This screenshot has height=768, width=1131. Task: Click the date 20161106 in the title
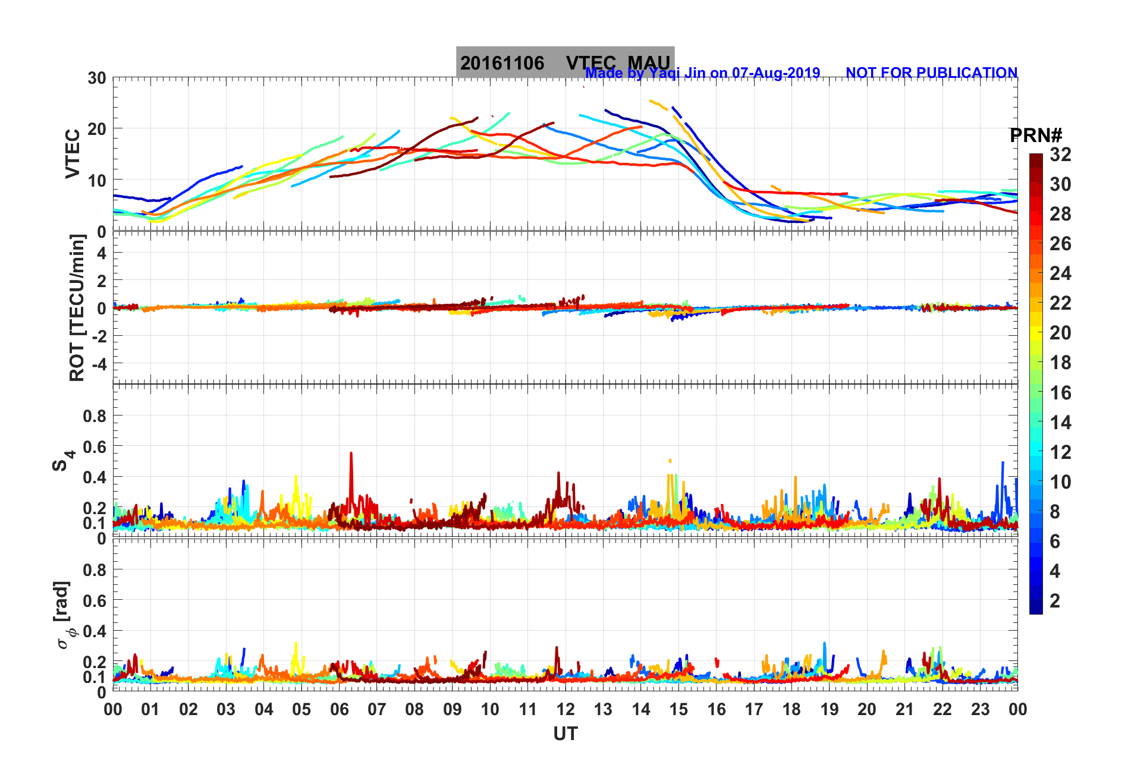point(502,63)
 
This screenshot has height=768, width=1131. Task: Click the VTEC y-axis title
point(73,153)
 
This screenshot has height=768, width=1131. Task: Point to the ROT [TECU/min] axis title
point(77,308)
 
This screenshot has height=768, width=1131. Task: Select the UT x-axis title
point(565,734)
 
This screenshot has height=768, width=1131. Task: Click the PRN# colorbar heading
point(1036,136)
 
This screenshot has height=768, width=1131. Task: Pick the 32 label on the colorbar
point(1060,155)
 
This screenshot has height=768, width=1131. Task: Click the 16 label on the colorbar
point(1060,392)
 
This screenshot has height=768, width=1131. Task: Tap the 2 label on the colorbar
point(1055,600)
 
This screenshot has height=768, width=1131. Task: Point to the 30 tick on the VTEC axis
point(97,78)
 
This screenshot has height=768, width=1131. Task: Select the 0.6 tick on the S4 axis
point(95,446)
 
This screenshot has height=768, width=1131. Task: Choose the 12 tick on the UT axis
point(565,709)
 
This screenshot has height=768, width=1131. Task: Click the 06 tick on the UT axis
point(339,709)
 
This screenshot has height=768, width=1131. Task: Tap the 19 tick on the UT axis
point(829,709)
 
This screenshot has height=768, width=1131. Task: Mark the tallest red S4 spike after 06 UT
point(351,454)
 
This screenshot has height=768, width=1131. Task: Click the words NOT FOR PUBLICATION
point(931,73)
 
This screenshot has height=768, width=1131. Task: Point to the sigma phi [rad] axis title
point(63,615)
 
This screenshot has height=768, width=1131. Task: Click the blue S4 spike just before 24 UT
point(1003,463)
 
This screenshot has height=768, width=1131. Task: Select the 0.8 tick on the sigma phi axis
point(95,570)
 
